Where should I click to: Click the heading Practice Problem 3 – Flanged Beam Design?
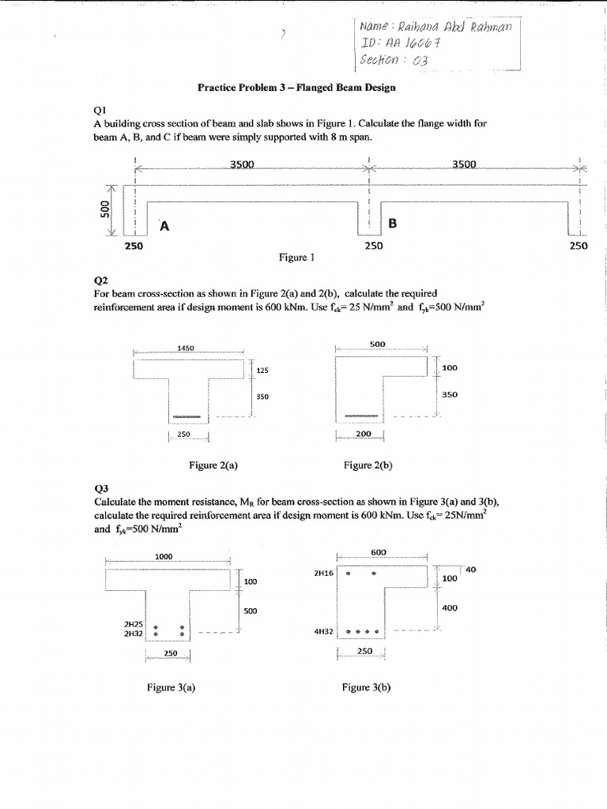point(296,88)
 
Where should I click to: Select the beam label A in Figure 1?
point(164,227)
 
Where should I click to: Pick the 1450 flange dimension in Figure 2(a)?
point(187,348)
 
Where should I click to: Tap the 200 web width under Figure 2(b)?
point(363,435)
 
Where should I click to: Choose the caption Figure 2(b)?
point(368,465)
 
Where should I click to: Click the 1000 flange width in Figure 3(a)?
point(164,557)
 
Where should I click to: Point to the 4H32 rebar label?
point(323,632)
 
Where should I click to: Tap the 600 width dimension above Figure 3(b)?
point(377,552)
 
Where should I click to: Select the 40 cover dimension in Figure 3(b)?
point(471,569)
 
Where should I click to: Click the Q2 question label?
point(100,280)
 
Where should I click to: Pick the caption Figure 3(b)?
point(366,687)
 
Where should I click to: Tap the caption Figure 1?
point(297,257)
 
